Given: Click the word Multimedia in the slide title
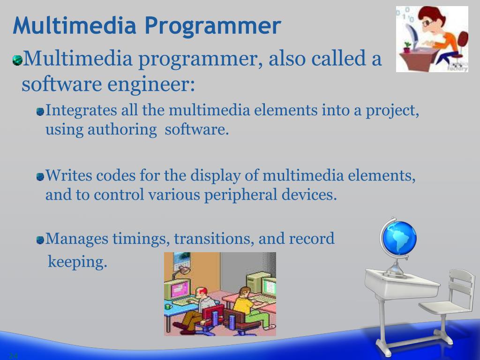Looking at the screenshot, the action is click(75, 25).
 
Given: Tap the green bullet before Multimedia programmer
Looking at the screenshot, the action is click(17, 60).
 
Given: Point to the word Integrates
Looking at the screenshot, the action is click(81, 111).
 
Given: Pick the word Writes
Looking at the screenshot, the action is click(69, 176).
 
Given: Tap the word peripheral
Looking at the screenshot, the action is click(240, 195).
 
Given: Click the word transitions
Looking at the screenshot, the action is click(214, 239).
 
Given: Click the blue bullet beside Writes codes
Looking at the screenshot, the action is click(40, 177).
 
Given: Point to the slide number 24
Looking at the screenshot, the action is click(13, 355).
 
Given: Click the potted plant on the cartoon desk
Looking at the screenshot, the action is click(407, 47).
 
